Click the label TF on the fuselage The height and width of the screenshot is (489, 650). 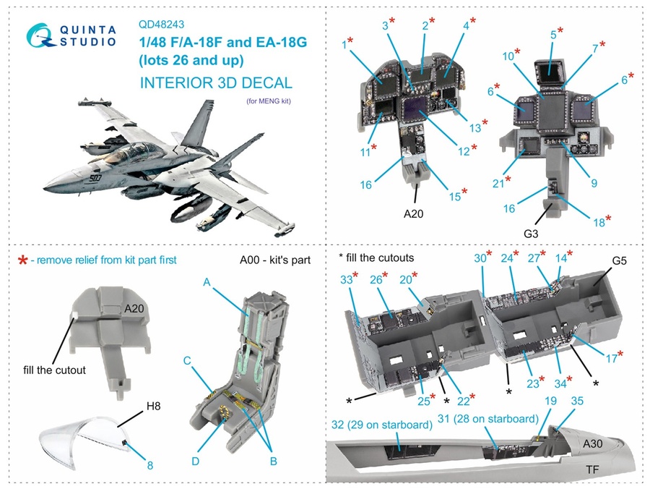point(591,469)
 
